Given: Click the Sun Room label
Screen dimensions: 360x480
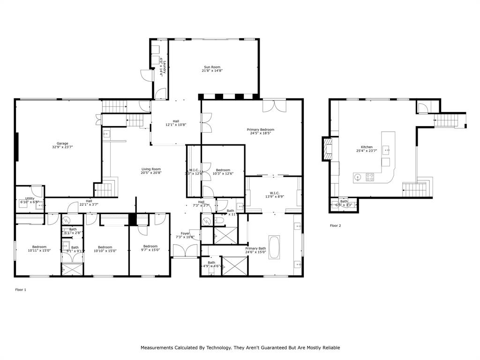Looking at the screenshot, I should [x=211, y=69].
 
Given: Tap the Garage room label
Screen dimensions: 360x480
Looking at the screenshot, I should [x=62, y=145].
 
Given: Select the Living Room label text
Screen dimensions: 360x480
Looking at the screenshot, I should [x=151, y=171].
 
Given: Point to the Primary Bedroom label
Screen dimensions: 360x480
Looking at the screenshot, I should [x=260, y=131].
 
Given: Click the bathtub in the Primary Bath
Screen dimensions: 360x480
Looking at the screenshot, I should [x=275, y=248].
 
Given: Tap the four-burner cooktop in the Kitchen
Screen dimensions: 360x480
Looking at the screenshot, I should [x=370, y=177].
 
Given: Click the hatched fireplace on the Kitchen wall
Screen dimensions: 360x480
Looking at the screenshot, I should [x=327, y=149].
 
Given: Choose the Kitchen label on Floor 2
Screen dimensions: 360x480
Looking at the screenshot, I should [x=367, y=149].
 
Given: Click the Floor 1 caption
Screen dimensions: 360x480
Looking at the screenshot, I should [x=21, y=290].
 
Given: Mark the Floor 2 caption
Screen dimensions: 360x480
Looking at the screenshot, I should [x=335, y=226].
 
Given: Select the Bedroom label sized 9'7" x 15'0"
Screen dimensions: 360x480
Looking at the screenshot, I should [x=150, y=248].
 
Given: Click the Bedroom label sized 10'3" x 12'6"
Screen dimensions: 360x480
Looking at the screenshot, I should [x=223, y=172].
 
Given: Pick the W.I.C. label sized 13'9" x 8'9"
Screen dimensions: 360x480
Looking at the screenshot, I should [x=274, y=194].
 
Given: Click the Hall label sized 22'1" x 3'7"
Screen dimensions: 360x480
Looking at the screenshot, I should [x=89, y=202].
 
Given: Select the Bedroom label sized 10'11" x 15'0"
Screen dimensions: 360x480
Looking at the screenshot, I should [x=39, y=248].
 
